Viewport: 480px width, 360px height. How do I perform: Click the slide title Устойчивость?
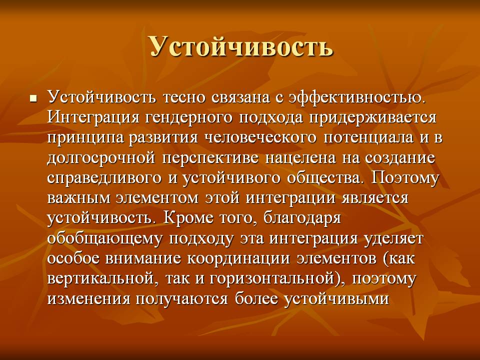coord(241,46)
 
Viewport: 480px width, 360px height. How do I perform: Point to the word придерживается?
coord(372,118)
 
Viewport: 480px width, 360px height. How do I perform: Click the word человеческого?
coord(260,138)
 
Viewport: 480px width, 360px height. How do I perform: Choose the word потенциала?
coord(369,138)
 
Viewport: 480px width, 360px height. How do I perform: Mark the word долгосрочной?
coord(101,158)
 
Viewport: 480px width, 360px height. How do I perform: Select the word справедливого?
coord(104,178)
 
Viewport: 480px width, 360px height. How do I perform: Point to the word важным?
coord(78,198)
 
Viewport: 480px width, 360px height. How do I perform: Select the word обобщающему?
coord(104,238)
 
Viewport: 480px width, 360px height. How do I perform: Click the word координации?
coord(238,258)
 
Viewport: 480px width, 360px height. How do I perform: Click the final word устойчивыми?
coord(336,298)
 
